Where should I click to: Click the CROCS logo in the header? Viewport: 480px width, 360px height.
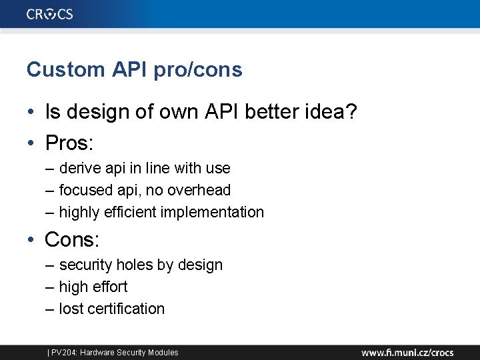point(50,14)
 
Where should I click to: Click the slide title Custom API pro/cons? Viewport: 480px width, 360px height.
point(134,69)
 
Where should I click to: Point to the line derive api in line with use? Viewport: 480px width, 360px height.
point(144,168)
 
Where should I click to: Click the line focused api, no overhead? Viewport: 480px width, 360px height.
point(145,190)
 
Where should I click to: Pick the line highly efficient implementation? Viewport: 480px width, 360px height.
point(161,212)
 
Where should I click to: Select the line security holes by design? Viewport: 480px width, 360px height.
point(141,265)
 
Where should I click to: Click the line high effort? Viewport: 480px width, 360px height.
point(93,287)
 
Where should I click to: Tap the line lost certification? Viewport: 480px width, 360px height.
point(111,309)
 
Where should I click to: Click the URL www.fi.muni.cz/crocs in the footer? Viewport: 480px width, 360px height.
point(407,352)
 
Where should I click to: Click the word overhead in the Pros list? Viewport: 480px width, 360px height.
point(199,190)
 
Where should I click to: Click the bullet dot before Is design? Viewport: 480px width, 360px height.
point(31,113)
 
